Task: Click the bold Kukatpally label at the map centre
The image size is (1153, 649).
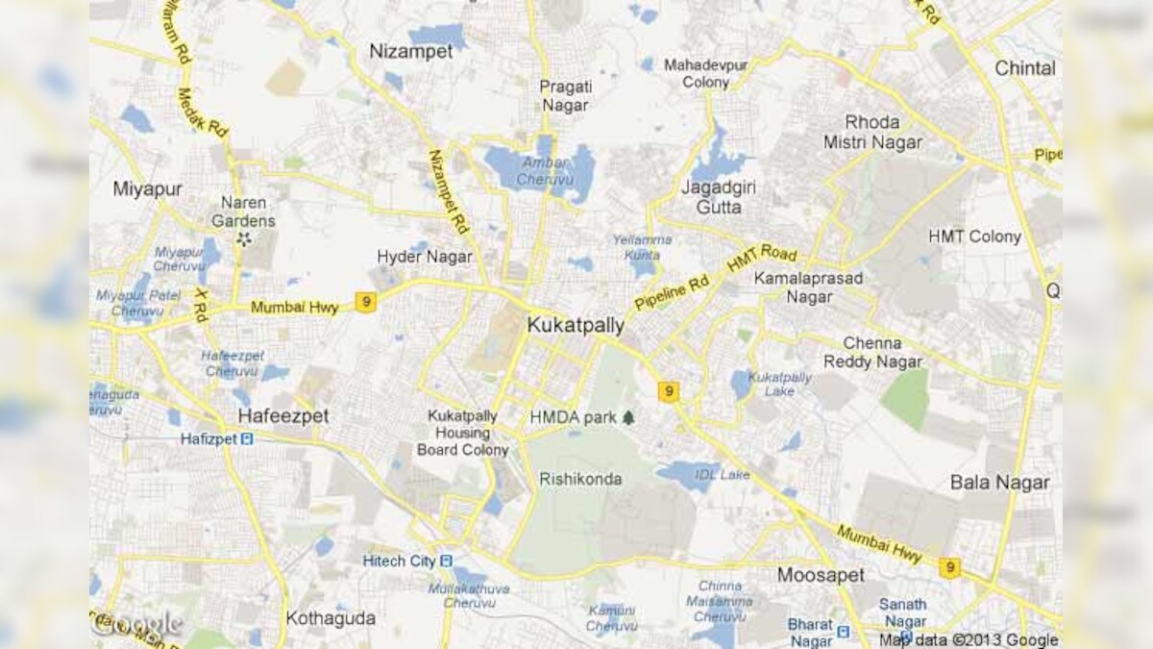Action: [576, 326]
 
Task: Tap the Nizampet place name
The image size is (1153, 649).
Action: [411, 52]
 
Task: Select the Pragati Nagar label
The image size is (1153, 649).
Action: [565, 95]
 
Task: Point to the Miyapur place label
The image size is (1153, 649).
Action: [147, 188]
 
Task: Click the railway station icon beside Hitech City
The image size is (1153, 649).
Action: [446, 561]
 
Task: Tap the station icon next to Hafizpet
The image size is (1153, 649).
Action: [247, 439]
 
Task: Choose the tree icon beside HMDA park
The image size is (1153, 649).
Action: [628, 417]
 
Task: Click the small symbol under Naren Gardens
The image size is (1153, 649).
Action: [243, 238]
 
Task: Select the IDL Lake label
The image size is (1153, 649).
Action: [722, 475]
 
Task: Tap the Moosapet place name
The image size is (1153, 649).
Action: [821, 575]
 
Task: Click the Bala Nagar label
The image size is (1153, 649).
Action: [999, 483]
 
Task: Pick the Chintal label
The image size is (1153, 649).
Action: [1024, 68]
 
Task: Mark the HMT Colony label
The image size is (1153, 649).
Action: [974, 237]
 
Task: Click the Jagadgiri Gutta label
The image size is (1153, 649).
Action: [712, 196]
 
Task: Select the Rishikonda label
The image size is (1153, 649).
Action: [580, 479]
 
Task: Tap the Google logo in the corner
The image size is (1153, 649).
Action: [136, 625]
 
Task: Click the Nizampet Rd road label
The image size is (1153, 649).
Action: [448, 192]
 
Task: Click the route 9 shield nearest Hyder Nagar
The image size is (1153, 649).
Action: [365, 302]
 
